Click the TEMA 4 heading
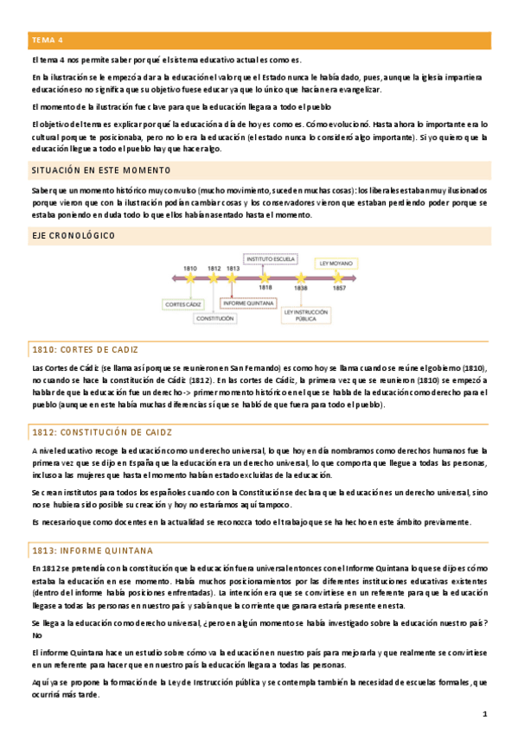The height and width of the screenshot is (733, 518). [48, 40]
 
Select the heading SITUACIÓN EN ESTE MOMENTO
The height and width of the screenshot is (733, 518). [100, 169]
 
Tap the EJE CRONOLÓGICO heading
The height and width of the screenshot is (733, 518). [73, 235]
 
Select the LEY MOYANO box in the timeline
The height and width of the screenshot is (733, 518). [336, 263]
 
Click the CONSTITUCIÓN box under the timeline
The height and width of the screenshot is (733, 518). [214, 317]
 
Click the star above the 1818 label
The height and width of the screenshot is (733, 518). [265, 277]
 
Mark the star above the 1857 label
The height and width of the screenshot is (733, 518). [338, 277]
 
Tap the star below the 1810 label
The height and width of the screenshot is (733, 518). [191, 277]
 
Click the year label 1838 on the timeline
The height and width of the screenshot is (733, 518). [301, 287]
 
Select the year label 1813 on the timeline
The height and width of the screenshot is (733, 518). [232, 269]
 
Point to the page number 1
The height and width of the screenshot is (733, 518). [486, 714]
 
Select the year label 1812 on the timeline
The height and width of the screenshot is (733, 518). [214, 269]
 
